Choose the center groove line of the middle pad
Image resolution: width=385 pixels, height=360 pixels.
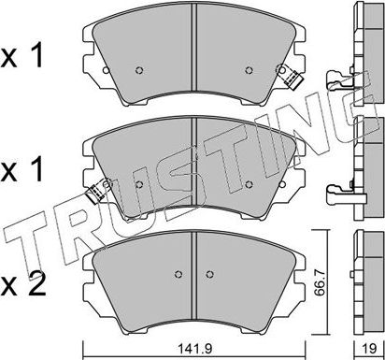[192, 164]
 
